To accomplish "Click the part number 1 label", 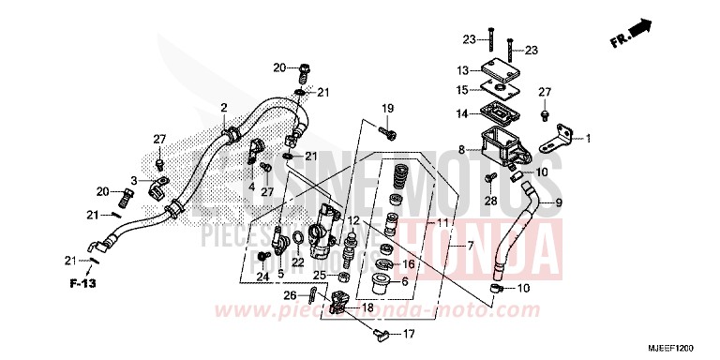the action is tap(589, 140).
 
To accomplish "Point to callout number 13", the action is tap(462, 70).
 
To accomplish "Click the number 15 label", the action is tap(462, 90).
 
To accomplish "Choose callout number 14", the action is tap(462, 114).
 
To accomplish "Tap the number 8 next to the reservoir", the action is tap(461, 149).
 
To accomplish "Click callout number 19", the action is tap(385, 110).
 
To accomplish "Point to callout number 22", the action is tap(297, 262).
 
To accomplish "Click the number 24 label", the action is tap(263, 277).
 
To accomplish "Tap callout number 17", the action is tap(409, 334).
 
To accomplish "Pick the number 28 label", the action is tap(489, 201).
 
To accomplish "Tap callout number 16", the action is tap(408, 265).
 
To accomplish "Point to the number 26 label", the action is tap(292, 296).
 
